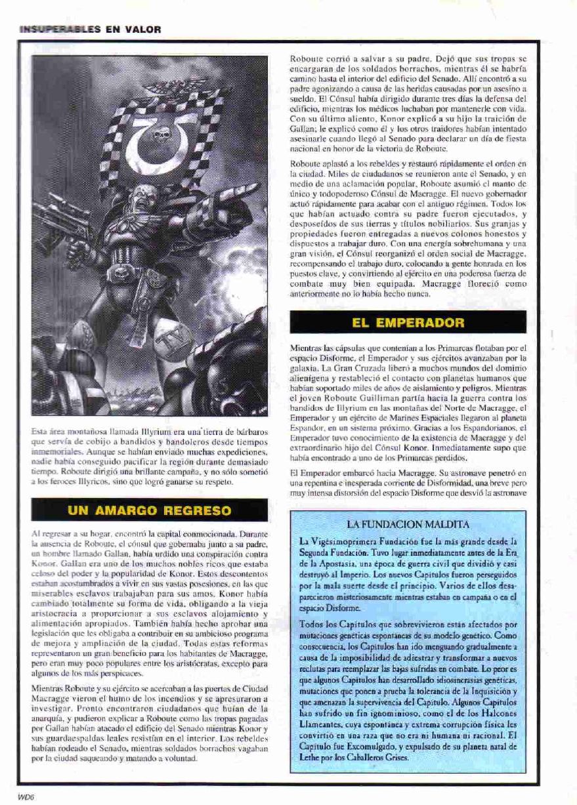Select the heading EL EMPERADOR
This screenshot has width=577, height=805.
tap(408, 322)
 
